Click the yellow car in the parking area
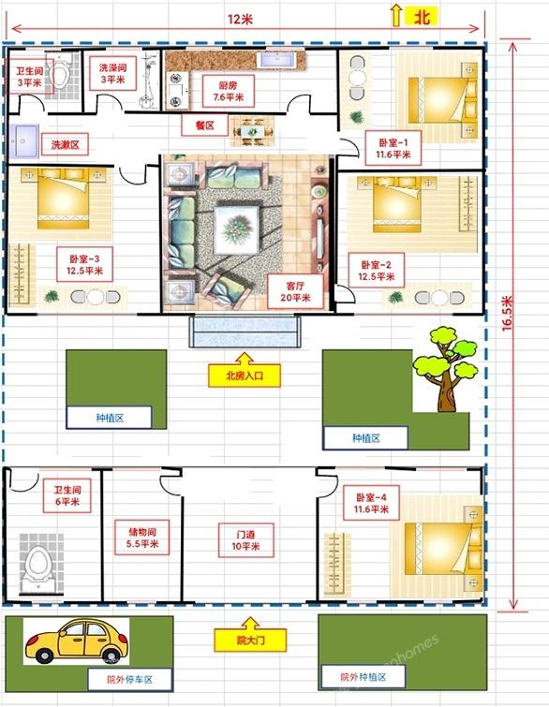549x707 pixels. click(x=76, y=641)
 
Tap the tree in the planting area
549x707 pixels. click(x=445, y=369)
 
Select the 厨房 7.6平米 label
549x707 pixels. click(x=229, y=91)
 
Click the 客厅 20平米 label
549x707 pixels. click(x=295, y=292)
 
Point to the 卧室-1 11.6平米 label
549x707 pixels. click(x=393, y=148)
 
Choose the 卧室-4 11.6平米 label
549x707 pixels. click(x=371, y=503)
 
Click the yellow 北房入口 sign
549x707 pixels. click(x=244, y=376)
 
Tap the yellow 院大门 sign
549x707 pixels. click(x=250, y=640)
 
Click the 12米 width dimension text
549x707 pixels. click(x=240, y=20)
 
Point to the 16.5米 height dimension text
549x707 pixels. click(x=507, y=314)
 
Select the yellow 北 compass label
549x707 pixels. click(x=421, y=17)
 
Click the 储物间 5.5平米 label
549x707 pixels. click(x=142, y=538)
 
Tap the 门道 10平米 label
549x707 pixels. click(x=245, y=540)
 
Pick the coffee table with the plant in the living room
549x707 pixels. click(x=236, y=228)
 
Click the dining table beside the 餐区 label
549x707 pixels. click(x=252, y=132)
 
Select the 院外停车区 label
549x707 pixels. click(x=130, y=680)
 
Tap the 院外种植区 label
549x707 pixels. click(x=364, y=677)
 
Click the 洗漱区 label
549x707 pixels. click(x=65, y=145)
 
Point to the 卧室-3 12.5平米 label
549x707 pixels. click(x=85, y=265)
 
